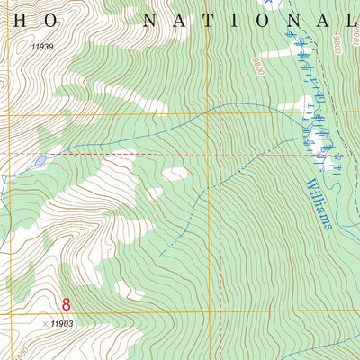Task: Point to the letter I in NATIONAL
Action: (x=241, y=21)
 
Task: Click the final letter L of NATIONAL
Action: (x=349, y=21)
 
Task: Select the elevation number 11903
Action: (x=62, y=322)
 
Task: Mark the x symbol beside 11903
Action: (x=44, y=322)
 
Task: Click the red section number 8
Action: (x=66, y=305)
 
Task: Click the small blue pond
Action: (x=40, y=162)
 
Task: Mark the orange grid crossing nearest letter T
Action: (x=209, y=113)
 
